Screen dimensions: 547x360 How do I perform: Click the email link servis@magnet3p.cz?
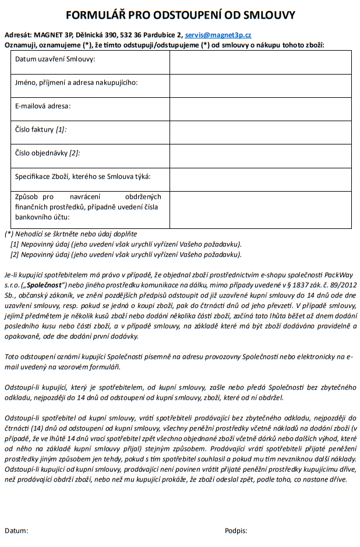tap(218, 35)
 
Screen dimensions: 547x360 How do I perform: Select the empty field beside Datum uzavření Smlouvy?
tap(260, 62)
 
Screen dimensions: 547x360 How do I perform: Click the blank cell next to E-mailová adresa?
tap(260, 108)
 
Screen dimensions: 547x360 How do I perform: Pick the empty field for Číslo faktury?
tap(260, 132)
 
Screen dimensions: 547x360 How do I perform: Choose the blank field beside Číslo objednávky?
tap(260, 156)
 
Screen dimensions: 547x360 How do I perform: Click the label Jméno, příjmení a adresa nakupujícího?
tap(76, 83)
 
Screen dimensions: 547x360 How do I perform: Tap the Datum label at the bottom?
tap(16, 531)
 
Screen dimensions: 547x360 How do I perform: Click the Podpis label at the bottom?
tap(236, 531)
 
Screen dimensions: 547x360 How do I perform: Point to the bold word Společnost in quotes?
tap(45, 285)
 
